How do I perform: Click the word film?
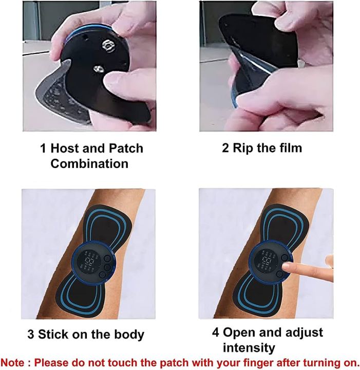[x=289, y=149]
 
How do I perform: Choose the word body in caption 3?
[x=127, y=335]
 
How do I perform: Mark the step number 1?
[x=44, y=149]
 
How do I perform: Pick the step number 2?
[x=225, y=149]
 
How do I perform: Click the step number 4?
[x=216, y=331]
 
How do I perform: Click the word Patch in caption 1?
[x=125, y=149]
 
